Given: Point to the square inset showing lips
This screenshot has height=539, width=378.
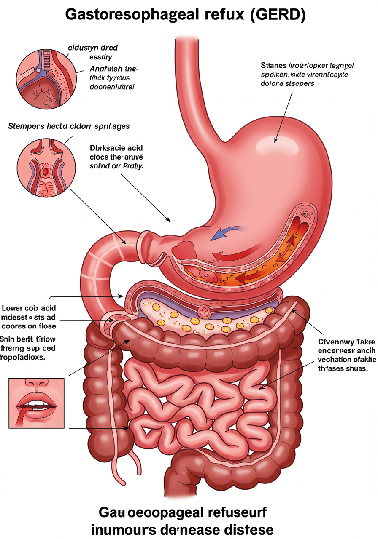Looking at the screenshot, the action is [36, 403].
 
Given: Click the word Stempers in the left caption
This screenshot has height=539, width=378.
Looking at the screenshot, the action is [25, 126].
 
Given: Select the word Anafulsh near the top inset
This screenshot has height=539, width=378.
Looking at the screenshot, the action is [106, 69].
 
